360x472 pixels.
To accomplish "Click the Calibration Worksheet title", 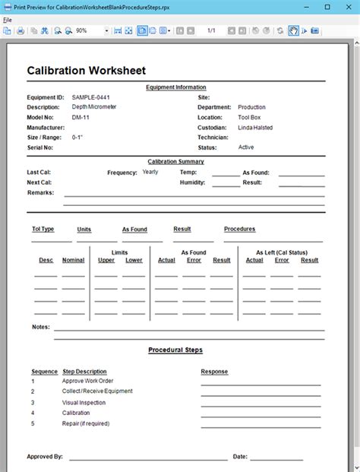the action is (86, 71).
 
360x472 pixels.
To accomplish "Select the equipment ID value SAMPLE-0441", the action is (91, 97).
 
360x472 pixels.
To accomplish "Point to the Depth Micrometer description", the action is (94, 107).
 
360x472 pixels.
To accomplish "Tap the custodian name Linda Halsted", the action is (255, 128).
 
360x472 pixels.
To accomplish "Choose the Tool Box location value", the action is (249, 118).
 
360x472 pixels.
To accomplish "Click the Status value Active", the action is (246, 147).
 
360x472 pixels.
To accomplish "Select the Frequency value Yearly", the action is (150, 172).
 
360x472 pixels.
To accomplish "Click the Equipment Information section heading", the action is (175, 87).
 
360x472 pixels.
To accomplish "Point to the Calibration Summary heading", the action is (175, 161).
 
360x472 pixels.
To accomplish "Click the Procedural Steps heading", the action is (175, 350).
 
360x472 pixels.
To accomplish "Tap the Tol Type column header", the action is (43, 229).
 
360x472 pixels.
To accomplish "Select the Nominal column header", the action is (73, 260).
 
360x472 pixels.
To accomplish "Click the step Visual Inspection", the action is (84, 402).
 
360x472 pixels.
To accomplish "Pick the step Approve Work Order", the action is (87, 381).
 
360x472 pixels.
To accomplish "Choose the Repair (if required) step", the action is (86, 423).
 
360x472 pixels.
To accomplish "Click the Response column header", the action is (214, 372).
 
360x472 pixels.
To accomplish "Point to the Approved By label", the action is (45, 457).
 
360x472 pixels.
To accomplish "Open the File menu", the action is (8, 20).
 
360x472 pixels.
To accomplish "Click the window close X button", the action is (349, 6).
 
